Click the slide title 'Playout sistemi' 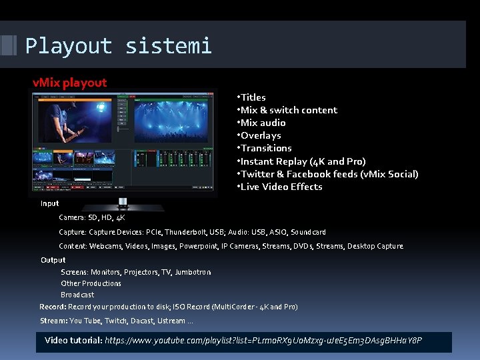pyautogui.click(x=118, y=45)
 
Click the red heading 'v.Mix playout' pyautogui.click(x=70, y=83)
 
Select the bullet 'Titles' pyautogui.click(x=253, y=97)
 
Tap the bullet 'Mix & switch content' pyautogui.click(x=288, y=110)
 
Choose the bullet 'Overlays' pyautogui.click(x=260, y=135)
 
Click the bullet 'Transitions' pyautogui.click(x=265, y=148)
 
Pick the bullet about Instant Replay pyautogui.click(x=302, y=161)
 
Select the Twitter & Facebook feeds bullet pyautogui.click(x=329, y=174)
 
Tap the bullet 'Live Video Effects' pyautogui.click(x=281, y=187)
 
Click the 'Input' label pyautogui.click(x=50, y=203)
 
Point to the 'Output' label pyautogui.click(x=53, y=260)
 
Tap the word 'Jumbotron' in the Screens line pyautogui.click(x=193, y=272)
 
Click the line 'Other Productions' pyautogui.click(x=91, y=283)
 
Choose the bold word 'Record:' pyautogui.click(x=52, y=307)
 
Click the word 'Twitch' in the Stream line pyautogui.click(x=116, y=321)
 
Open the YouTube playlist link pyautogui.click(x=263, y=341)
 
